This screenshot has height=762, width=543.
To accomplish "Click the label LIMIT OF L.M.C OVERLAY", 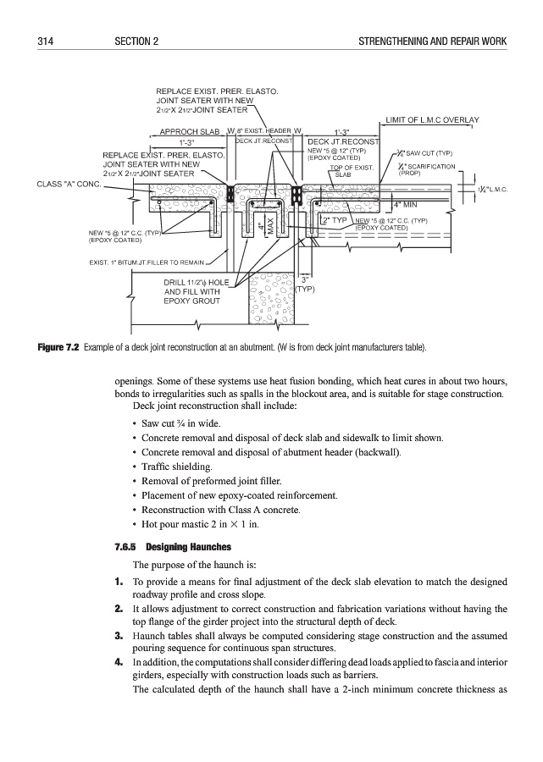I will click(433, 120).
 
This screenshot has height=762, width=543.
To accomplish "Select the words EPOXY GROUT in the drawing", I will click(191, 301).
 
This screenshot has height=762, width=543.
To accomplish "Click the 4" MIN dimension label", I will click(408, 204).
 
